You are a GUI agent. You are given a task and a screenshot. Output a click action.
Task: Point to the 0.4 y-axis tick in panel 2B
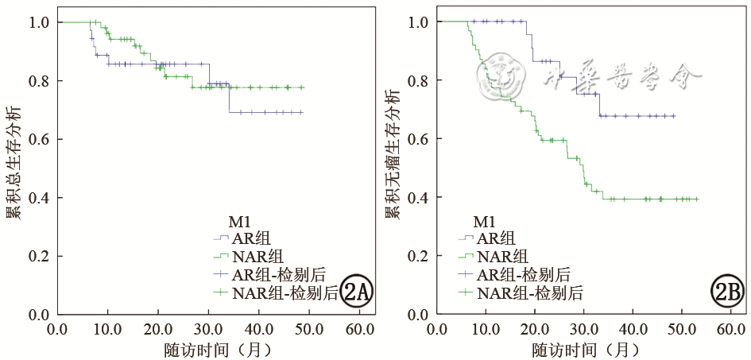tap(418, 198)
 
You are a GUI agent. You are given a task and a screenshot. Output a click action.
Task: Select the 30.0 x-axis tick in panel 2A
tap(209, 328)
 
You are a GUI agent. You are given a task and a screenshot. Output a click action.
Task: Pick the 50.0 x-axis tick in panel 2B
tap(682, 328)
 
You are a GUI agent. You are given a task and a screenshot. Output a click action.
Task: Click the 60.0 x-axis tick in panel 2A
tap(361, 328)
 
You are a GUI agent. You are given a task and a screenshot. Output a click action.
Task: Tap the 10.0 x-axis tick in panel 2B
tap(485, 328)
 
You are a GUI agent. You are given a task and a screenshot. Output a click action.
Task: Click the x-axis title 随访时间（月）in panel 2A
tap(207, 349)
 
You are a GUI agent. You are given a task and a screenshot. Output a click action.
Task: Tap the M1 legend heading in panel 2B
tap(485, 220)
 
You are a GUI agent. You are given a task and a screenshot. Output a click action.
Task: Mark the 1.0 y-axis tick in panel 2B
tap(418, 23)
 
